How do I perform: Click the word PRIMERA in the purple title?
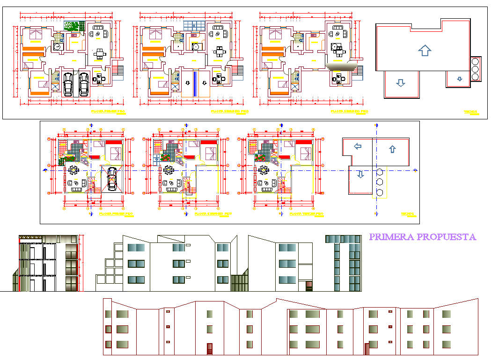tap(391, 237)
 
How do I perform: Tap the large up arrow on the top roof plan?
tap(424, 50)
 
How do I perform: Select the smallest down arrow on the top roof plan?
tap(460, 79)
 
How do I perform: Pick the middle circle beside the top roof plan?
tap(476, 69)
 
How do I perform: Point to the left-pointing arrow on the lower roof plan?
tap(358, 147)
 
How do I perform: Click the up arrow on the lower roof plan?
tap(392, 149)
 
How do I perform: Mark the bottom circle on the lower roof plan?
tap(380, 192)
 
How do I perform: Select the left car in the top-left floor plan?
tap(68, 84)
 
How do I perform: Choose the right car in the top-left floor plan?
tap(84, 84)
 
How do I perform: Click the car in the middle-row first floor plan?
tap(112, 179)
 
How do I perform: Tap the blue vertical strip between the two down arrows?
tap(195, 84)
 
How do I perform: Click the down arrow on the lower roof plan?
tap(360, 175)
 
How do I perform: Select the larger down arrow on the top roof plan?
tap(400, 83)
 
